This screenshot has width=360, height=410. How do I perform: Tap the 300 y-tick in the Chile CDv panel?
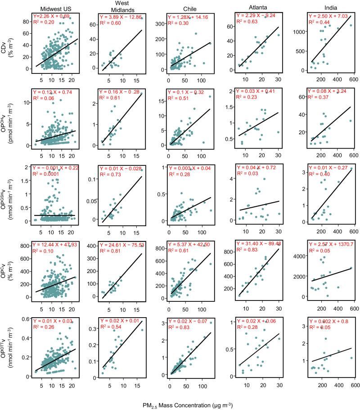161,20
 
